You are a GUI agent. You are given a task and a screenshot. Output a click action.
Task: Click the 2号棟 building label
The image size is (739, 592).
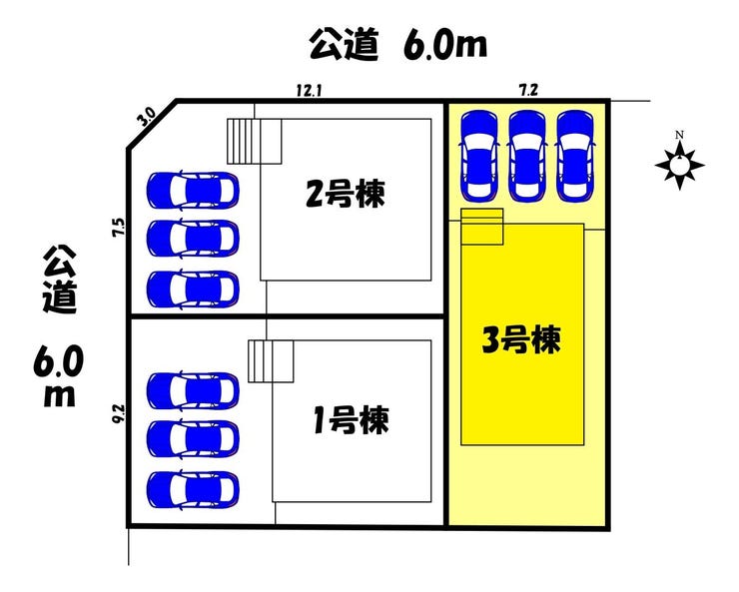coord(346,193)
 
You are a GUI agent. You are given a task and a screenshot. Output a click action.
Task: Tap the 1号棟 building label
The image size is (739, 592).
coord(346,419)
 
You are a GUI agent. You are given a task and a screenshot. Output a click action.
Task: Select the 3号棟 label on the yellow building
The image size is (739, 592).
coord(520,341)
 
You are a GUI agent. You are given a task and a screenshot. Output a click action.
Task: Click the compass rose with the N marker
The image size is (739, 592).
coord(679,162)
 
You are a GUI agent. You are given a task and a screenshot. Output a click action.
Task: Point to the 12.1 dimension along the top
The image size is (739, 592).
coord(308,90)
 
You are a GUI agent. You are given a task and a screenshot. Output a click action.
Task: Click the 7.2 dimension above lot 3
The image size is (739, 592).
coord(528,90)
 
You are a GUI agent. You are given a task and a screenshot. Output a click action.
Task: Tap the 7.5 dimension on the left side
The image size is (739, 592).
coord(119,227)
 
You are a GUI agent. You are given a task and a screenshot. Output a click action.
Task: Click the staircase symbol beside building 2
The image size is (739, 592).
coord(253,142)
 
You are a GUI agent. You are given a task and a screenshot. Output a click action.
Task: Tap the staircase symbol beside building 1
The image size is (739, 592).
coord(270,361)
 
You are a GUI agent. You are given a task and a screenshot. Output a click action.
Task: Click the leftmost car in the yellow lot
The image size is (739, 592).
coord(479,153)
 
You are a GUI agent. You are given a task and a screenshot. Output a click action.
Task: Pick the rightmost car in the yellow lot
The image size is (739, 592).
coord(574,153)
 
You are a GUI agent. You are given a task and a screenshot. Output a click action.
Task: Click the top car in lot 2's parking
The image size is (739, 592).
coord(193,188)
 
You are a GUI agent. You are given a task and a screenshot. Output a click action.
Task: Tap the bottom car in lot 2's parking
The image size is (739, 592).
coord(193,289)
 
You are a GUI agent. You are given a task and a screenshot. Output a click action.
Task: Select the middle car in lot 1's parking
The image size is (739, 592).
coord(193,437)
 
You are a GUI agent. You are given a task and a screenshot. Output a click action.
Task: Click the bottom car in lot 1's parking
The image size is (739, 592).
coord(193,488)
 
